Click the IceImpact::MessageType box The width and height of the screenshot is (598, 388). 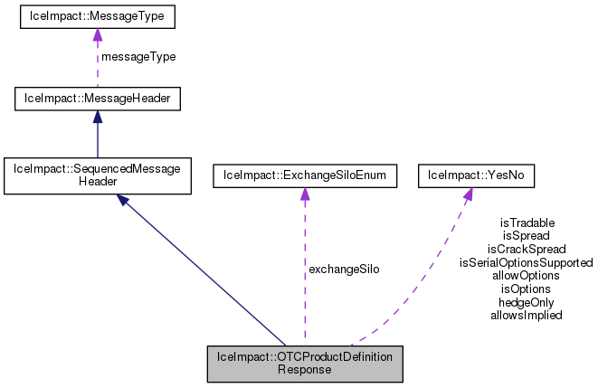point(97,17)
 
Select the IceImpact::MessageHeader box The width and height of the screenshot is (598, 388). point(97,96)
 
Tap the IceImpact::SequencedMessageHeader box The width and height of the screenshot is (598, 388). point(97,175)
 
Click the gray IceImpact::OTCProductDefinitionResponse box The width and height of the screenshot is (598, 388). point(304,364)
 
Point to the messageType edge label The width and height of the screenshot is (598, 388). point(138,56)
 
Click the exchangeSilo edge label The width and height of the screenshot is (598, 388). point(343,269)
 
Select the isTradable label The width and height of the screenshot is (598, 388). point(527,222)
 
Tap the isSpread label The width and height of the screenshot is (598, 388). point(527,235)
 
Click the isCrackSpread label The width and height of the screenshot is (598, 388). point(527,249)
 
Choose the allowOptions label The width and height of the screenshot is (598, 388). point(527,275)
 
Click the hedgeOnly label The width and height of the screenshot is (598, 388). point(527,302)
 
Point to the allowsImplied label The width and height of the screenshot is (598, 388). point(527,316)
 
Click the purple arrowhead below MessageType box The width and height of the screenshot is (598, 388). point(97,35)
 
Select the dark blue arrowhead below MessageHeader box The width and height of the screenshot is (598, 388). point(97,115)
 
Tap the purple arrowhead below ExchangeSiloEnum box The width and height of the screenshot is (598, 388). point(304,194)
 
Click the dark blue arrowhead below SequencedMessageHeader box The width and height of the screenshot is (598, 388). point(124,199)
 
